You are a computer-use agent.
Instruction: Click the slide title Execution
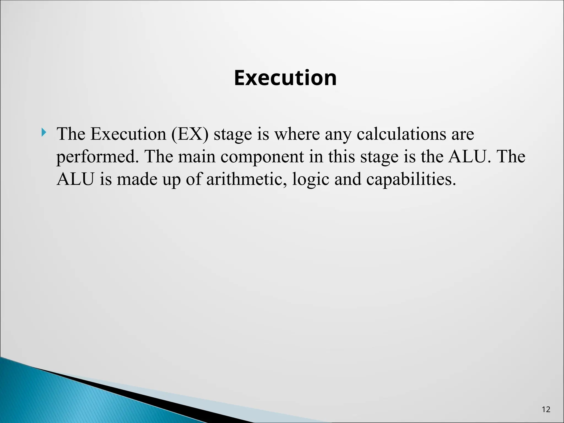285,78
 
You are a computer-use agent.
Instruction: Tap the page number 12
546,410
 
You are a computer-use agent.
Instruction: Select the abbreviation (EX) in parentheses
190,134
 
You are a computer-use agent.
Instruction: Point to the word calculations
401,134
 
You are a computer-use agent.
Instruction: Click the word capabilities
411,180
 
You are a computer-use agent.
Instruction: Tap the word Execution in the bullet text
128,134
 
